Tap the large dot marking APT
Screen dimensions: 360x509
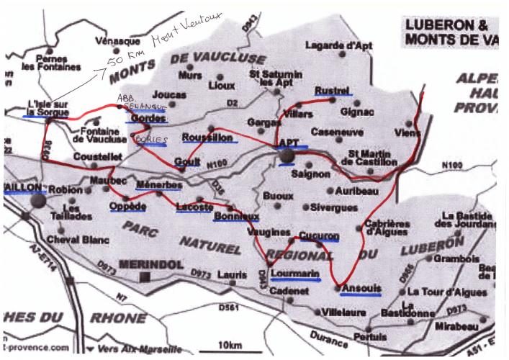[x=287, y=156]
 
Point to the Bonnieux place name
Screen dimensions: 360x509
[x=237, y=215]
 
